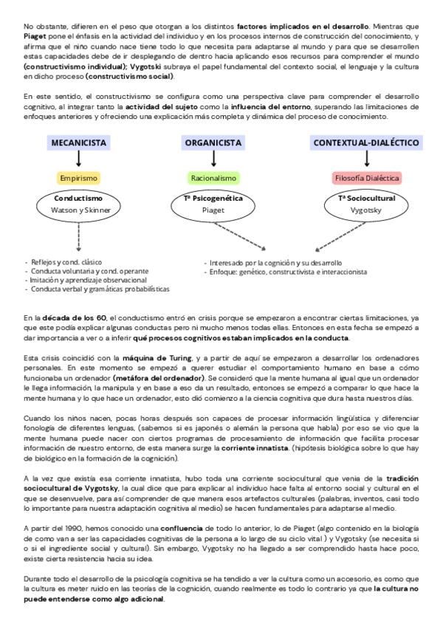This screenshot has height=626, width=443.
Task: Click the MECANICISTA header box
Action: (x=79, y=142)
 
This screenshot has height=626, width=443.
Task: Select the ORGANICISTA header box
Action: (x=213, y=142)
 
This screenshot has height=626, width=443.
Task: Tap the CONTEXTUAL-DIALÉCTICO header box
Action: (x=367, y=142)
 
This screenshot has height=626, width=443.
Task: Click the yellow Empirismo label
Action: (x=78, y=178)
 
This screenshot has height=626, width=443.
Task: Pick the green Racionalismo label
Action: (x=213, y=178)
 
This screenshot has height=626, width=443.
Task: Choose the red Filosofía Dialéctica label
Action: (x=367, y=178)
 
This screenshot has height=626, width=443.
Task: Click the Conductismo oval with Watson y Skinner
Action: (x=79, y=204)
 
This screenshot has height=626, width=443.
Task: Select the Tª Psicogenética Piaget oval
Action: (x=213, y=204)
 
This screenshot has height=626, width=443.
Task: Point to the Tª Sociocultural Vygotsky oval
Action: (x=367, y=204)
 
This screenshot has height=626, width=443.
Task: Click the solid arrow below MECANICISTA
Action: (x=79, y=159)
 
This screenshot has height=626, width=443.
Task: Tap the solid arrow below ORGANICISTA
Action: (x=213, y=159)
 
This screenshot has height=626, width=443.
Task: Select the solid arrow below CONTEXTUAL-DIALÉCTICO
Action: (x=367, y=159)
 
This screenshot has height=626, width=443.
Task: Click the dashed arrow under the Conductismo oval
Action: (x=79, y=236)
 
